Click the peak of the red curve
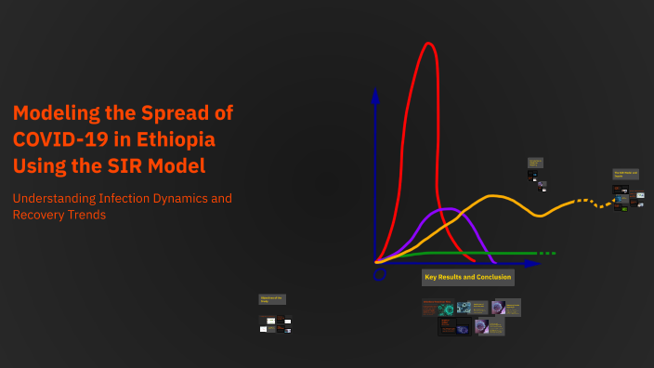point(428,44)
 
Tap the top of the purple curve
point(448,209)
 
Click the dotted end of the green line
point(548,253)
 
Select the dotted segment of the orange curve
point(584,201)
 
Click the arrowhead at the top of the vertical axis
point(375,94)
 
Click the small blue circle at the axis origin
point(379,275)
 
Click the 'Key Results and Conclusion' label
point(467,277)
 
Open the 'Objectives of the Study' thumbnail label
point(272,299)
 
